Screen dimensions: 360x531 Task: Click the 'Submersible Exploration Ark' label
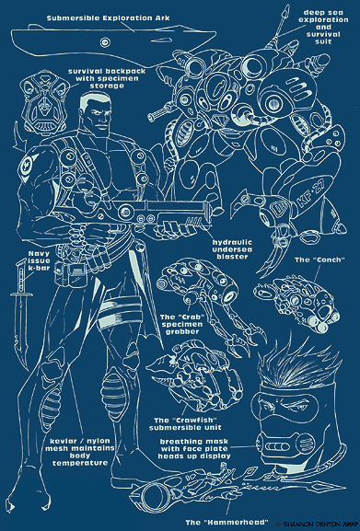pos(108,18)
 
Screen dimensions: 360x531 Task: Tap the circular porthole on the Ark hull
pos(105,42)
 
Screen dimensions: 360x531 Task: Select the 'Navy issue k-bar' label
pos(39,260)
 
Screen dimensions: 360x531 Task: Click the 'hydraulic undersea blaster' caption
pos(232,249)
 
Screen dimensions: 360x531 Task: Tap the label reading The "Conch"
pos(319,260)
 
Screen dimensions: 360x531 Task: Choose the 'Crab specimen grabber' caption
pos(182,325)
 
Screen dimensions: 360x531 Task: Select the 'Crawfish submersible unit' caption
pos(185,424)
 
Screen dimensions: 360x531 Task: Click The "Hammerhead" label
pos(226,522)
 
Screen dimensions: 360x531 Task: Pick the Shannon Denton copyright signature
pos(318,524)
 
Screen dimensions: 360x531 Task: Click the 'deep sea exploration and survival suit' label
pos(323,27)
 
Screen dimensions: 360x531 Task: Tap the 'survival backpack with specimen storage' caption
pos(107,78)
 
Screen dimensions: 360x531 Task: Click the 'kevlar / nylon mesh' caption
pos(80,452)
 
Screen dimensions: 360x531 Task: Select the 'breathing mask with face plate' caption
pos(194,449)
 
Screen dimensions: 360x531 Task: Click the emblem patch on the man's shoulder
pos(27,165)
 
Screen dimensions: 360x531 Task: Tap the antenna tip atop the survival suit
pos(287,9)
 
